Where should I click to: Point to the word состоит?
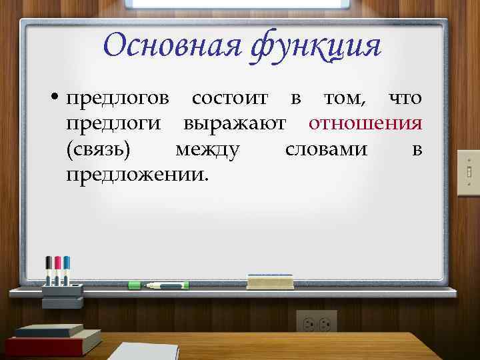pyautogui.click(x=230, y=99)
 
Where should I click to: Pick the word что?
pyautogui.click(x=405, y=99)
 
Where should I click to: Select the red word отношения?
pyautogui.click(x=365, y=124)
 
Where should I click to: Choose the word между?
pyautogui.click(x=207, y=149)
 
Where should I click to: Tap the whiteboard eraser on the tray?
pyautogui.click(x=269, y=281)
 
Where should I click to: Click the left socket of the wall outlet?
pyautogui.click(x=309, y=324)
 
